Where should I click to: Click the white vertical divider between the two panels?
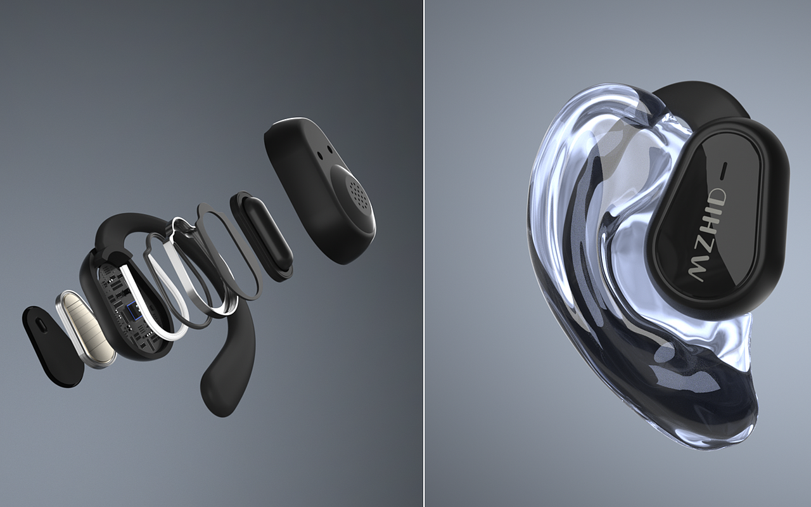click(x=424, y=253)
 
